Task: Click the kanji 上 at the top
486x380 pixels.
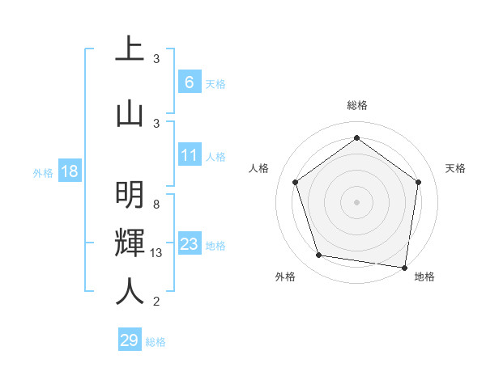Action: tap(130, 49)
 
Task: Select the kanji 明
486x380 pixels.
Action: tap(130, 195)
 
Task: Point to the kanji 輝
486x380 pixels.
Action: tap(130, 243)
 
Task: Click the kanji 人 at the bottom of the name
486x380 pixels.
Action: tap(130, 291)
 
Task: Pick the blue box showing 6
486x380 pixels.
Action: tap(189, 82)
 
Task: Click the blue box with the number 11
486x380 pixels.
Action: tap(189, 155)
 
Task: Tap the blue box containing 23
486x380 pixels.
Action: tap(189, 244)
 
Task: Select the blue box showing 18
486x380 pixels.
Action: tap(69, 171)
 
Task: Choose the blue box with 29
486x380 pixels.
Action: tap(130, 340)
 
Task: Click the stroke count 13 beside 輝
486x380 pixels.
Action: tap(156, 253)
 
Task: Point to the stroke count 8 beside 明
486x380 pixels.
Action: tap(156, 205)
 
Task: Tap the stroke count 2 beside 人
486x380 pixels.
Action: tap(156, 302)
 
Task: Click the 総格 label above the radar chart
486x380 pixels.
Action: tap(356, 105)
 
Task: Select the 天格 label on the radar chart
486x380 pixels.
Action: tap(456, 168)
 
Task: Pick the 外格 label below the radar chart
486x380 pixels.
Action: tap(285, 277)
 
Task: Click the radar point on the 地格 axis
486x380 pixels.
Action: tap(405, 267)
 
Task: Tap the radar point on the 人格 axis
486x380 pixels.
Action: tap(295, 182)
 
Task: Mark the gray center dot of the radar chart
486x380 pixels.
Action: tap(356, 201)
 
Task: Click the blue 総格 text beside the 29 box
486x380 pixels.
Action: tap(156, 342)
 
